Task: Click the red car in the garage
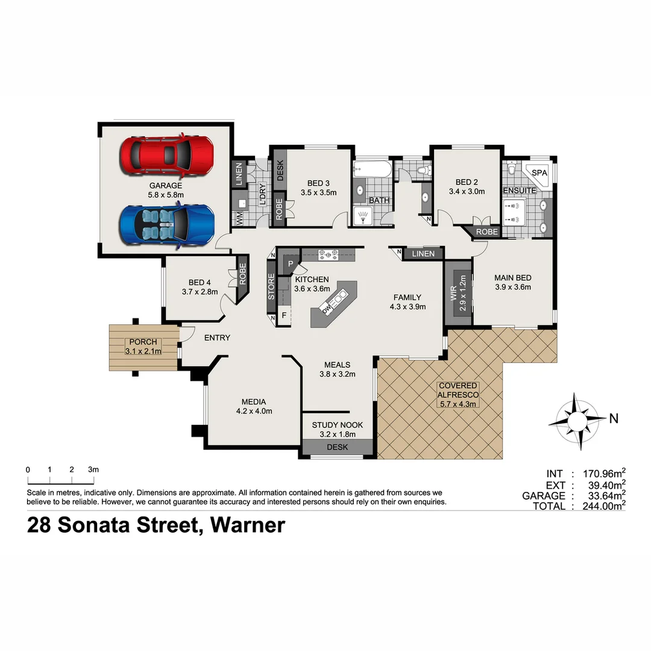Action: [166, 155]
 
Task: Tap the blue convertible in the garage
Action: [166, 225]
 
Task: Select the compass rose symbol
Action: [577, 420]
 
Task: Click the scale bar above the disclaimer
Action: [60, 480]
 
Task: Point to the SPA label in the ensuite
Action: [539, 173]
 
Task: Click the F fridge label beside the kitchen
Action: [284, 315]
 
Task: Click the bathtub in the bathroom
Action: [372, 169]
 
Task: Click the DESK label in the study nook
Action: [337, 447]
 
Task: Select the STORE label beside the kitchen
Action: [271, 288]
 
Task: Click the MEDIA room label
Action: [254, 402]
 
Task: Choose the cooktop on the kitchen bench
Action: [329, 254]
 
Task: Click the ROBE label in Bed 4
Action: [242, 275]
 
